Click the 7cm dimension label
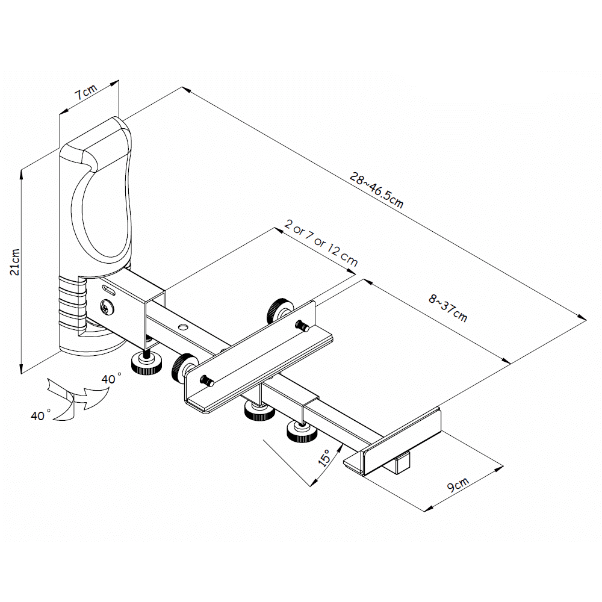[86, 92]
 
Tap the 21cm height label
[14, 262]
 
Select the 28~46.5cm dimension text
[376, 190]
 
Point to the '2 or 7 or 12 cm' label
[321, 243]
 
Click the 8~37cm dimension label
[448, 308]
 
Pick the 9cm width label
[458, 485]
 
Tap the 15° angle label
[325, 458]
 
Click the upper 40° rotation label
[111, 379]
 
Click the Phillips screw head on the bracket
[107, 307]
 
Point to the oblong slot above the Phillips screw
[108, 290]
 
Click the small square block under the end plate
[402, 464]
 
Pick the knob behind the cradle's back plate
[279, 310]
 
